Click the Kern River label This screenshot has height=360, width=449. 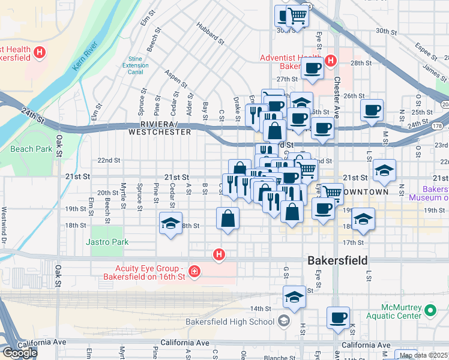tap(85, 56)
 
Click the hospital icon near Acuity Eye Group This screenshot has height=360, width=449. tap(194, 272)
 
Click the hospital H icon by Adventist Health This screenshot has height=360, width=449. tap(330, 61)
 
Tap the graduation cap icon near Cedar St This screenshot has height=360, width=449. tap(171, 224)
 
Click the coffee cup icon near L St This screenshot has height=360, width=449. tap(372, 110)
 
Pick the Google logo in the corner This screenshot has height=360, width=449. tap(20, 353)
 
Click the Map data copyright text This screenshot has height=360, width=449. tap(424, 355)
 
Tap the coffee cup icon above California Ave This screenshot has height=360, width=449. tap(338, 317)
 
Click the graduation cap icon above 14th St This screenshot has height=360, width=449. tap(294, 298)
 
